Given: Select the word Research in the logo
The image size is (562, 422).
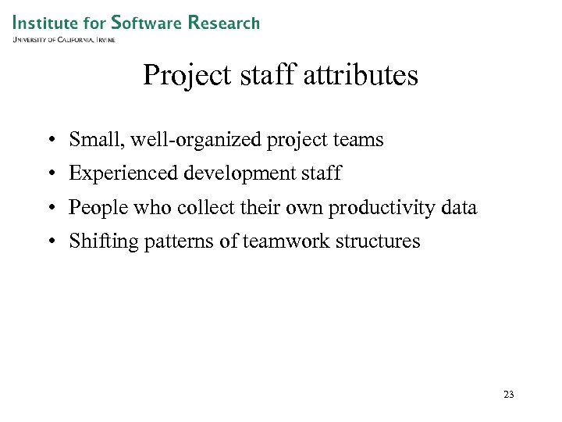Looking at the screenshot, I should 223,23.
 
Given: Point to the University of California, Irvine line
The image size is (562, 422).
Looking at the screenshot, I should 64,39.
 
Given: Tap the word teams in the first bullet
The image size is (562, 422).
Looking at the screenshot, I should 357,140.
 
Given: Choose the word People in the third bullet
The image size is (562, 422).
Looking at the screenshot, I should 93,208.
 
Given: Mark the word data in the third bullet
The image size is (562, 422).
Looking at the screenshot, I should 458,207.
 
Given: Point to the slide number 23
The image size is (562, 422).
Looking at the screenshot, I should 509,395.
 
